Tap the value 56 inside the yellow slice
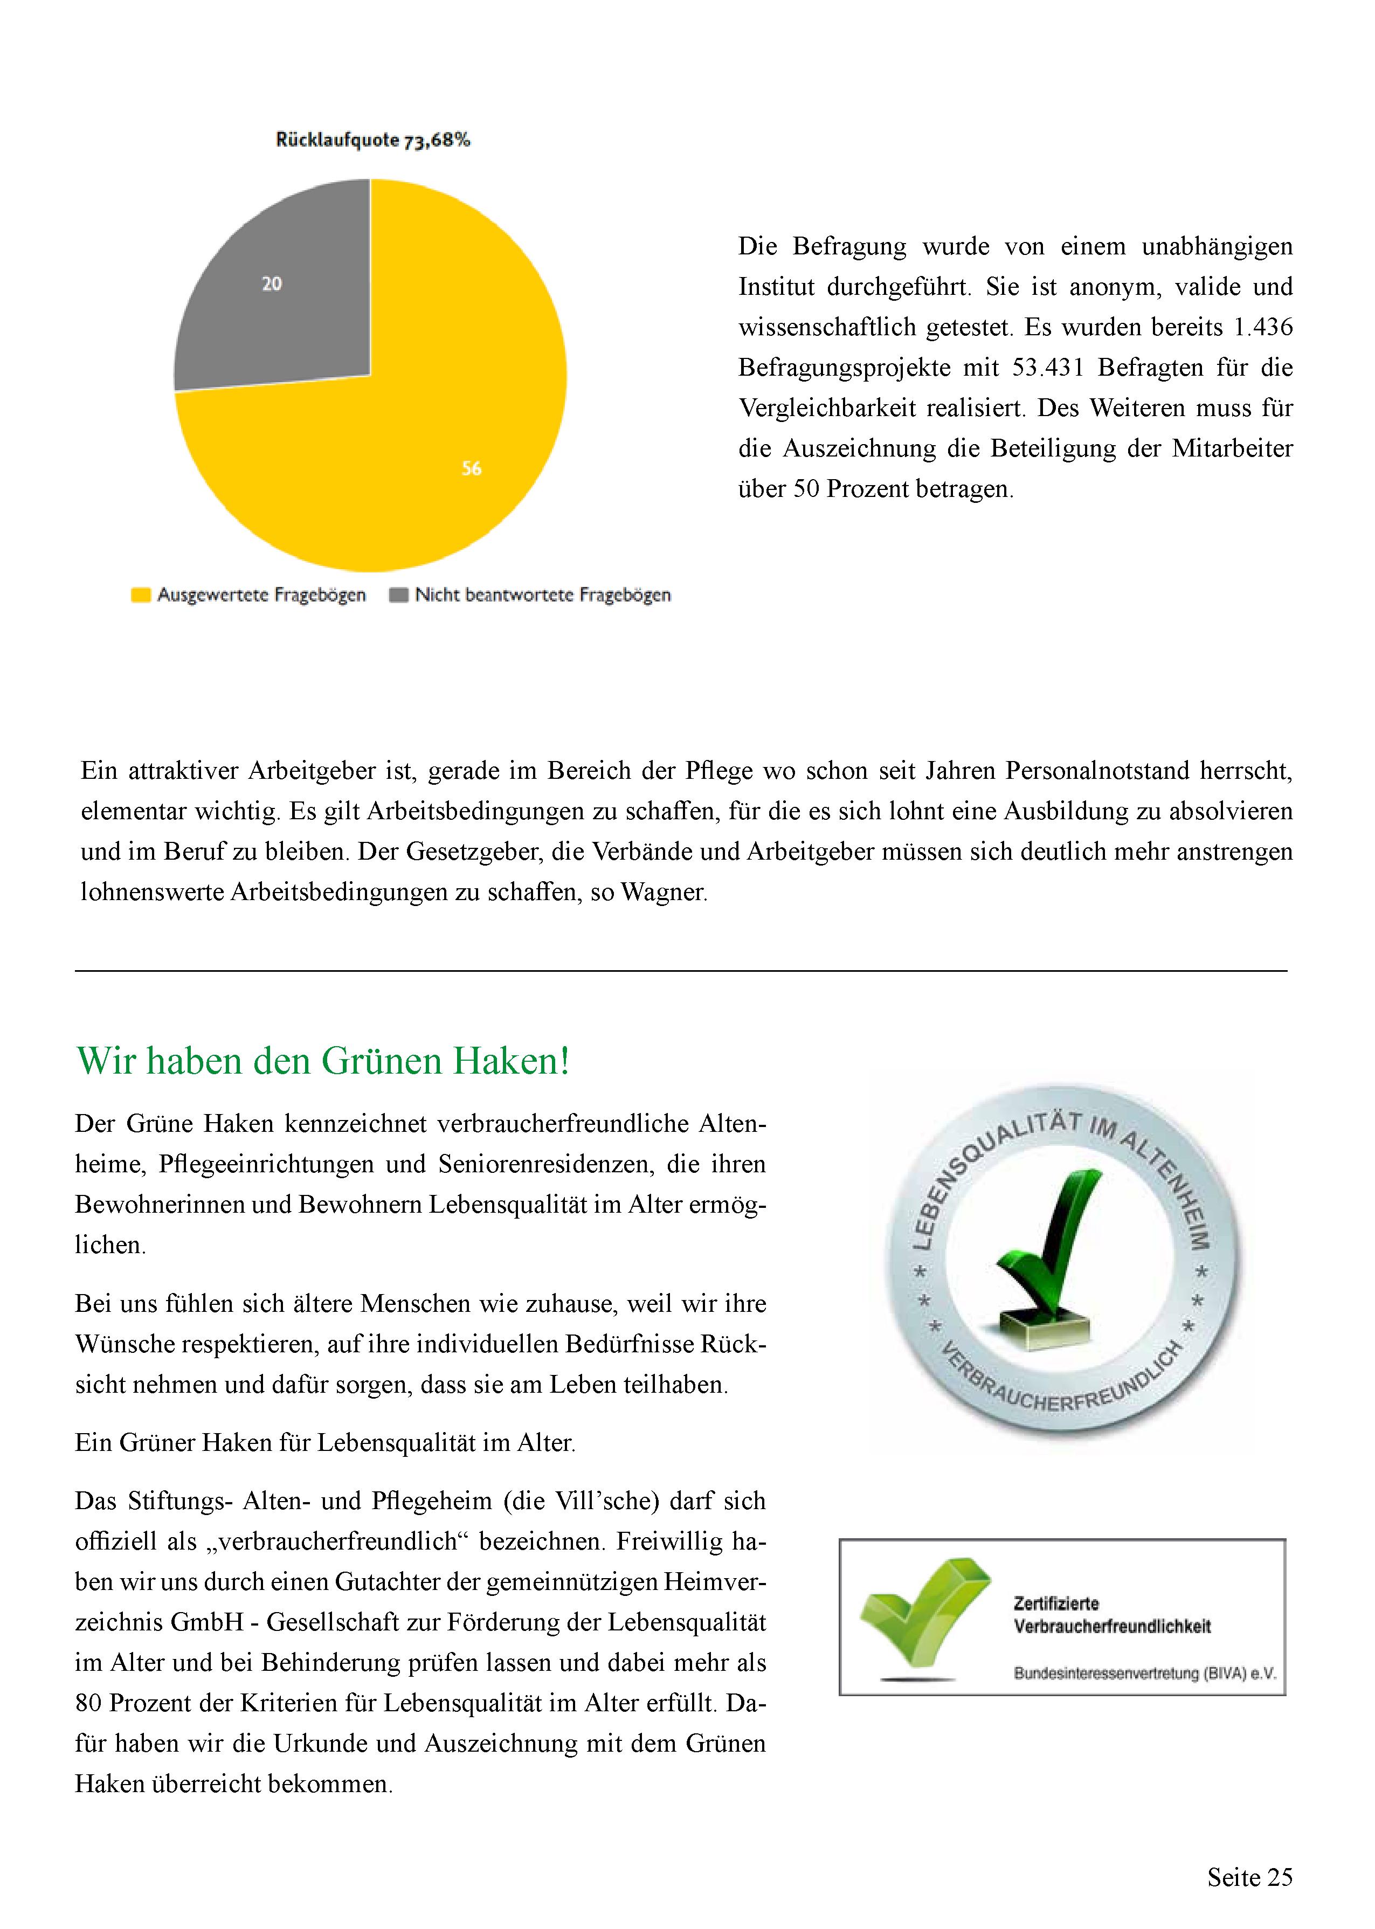[472, 468]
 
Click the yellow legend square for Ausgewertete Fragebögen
[141, 595]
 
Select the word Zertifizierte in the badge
[1056, 1603]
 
